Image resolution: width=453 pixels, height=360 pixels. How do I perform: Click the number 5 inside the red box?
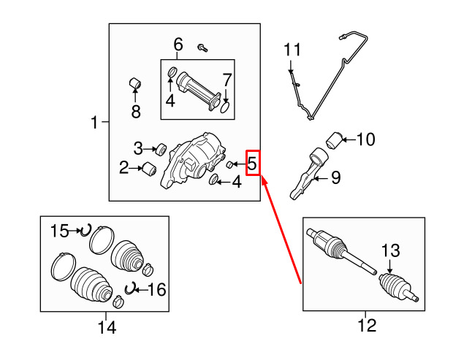252,163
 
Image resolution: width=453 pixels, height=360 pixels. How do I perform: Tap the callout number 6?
178,45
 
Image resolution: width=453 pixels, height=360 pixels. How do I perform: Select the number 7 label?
227,80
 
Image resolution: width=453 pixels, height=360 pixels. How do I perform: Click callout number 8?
136,112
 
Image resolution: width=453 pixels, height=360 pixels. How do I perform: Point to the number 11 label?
292,50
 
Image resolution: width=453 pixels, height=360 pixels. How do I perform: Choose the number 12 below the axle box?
367,325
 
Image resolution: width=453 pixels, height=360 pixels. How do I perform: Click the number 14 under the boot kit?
107,327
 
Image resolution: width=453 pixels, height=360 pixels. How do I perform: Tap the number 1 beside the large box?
94,122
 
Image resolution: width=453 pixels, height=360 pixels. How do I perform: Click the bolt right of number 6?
202,47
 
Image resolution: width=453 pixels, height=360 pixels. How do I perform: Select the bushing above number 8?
135,83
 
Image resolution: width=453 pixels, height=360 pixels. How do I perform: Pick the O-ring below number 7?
225,107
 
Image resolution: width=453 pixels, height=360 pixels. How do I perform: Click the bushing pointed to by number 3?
161,149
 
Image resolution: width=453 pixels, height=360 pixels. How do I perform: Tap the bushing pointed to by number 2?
150,169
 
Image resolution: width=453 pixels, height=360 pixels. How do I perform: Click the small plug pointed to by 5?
229,165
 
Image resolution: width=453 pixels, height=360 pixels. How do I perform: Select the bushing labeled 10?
334,140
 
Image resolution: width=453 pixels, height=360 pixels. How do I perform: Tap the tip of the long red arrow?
262,177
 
